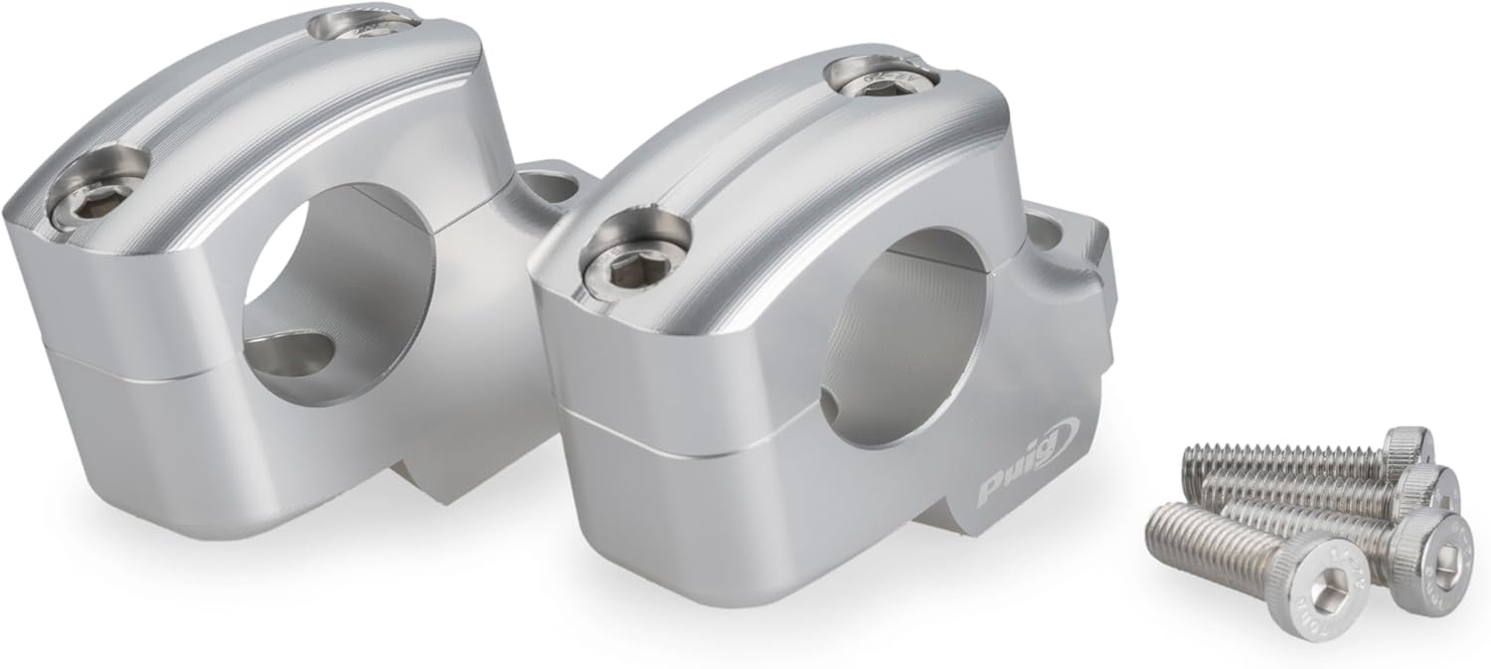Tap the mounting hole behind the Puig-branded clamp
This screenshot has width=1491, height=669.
(x=1050, y=238)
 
